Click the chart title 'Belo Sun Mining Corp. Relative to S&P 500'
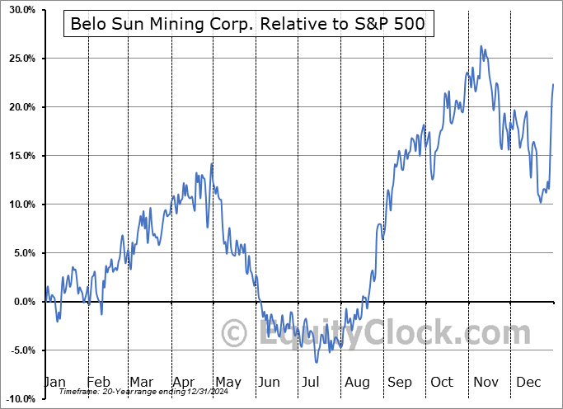[x=248, y=24]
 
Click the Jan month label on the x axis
[x=54, y=382]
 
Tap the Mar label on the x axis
[x=142, y=382]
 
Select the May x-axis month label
[x=228, y=382]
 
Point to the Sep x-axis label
[x=399, y=382]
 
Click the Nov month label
[x=485, y=382]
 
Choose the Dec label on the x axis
[x=528, y=382]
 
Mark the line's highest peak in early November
[x=481, y=47]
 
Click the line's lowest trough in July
[x=316, y=362]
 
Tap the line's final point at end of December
[x=553, y=84]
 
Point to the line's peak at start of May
[x=212, y=163]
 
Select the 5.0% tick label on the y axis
[x=21, y=253]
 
